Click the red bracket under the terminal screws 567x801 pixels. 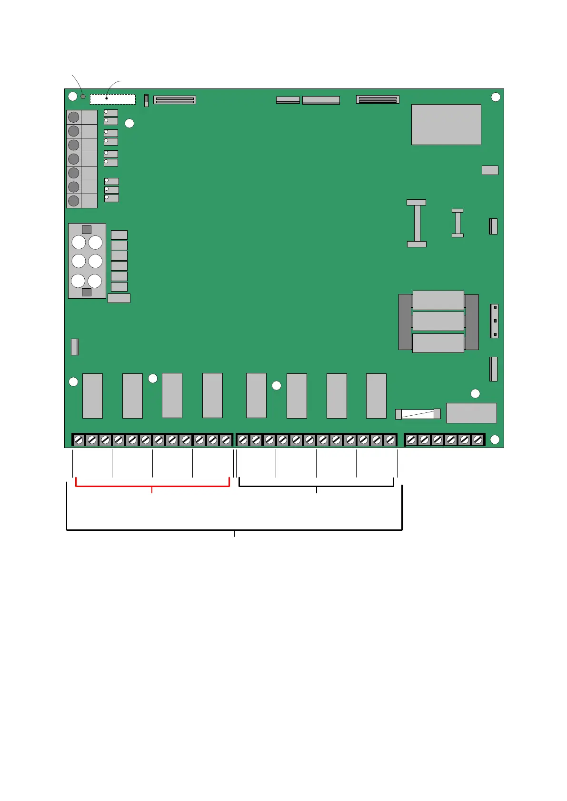[152, 486]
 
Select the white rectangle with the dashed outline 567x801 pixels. [113, 99]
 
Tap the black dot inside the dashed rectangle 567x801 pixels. [107, 98]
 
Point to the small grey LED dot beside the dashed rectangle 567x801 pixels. [83, 97]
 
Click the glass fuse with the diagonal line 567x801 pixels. [418, 414]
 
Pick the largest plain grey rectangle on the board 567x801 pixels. [446, 125]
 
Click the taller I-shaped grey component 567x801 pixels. [417, 223]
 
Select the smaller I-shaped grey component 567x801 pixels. [458, 223]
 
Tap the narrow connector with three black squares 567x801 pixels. [495, 321]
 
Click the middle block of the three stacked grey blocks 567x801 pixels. [438, 321]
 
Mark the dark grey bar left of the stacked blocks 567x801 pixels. [405, 322]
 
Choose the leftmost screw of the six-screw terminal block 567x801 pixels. [411, 440]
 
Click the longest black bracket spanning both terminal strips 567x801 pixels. [234, 529]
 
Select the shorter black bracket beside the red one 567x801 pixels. [316, 486]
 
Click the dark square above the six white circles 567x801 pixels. [87, 230]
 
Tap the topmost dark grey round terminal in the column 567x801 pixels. [74, 117]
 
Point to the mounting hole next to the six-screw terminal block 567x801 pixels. [495, 440]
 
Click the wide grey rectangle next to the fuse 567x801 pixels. [471, 413]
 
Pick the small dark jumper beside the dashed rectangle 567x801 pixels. [146, 100]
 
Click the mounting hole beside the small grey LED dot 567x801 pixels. [72, 97]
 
